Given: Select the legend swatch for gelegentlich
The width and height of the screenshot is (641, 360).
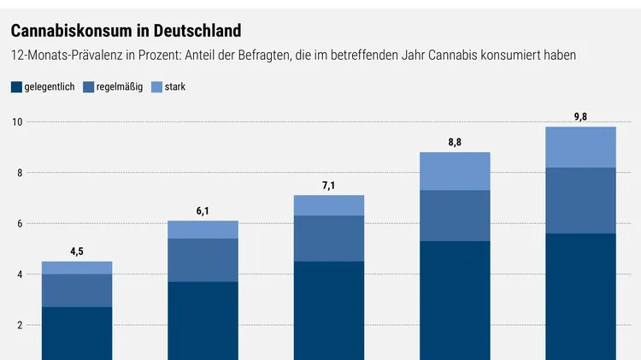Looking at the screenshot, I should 16,87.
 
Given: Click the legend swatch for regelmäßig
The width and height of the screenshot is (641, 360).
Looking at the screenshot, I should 88,87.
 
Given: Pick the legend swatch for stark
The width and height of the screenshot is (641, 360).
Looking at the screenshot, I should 156,87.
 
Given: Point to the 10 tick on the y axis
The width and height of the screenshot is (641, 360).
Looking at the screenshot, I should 16,122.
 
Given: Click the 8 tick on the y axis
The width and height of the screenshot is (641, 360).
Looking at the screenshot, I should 19,173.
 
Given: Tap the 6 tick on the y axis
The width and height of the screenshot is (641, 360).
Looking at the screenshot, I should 19,224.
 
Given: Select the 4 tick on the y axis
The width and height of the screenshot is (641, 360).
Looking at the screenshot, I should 19,274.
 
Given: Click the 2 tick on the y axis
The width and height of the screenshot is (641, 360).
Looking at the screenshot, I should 19,325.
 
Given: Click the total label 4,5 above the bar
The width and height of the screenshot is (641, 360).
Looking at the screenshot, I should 77,251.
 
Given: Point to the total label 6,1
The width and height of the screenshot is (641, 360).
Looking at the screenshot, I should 203,210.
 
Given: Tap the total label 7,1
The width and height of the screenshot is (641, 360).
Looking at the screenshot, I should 329,185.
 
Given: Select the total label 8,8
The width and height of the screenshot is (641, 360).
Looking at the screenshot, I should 455,142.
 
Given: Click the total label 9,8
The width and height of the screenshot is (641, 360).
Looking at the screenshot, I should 580,116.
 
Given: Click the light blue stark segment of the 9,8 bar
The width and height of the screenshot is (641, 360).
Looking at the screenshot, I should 580,147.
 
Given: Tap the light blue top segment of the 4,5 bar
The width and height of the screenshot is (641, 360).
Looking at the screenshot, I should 77,268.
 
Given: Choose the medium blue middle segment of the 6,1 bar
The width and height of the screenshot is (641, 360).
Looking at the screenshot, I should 203,260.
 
